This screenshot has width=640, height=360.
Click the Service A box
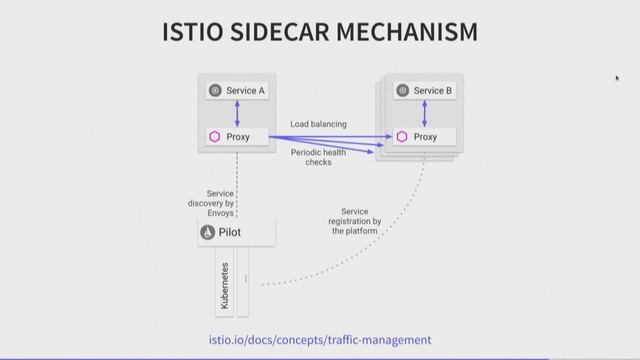coord(237,91)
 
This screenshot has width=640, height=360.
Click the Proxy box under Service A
coord(237,137)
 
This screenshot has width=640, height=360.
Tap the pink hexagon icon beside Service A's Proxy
coord(214,137)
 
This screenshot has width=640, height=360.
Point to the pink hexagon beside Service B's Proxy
coord(401,137)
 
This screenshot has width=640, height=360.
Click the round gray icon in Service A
coord(214,91)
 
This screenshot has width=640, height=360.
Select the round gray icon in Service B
coord(402,91)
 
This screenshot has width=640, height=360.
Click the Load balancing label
coord(318,124)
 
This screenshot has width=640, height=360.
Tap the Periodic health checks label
coord(318,157)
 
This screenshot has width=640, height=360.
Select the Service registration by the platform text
coord(356,221)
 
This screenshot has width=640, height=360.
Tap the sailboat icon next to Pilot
coord(208,232)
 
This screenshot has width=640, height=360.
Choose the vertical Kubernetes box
coord(224,284)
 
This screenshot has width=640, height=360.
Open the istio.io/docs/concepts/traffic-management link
coord(320,339)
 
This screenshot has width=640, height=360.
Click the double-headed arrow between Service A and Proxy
coord(237,114)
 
